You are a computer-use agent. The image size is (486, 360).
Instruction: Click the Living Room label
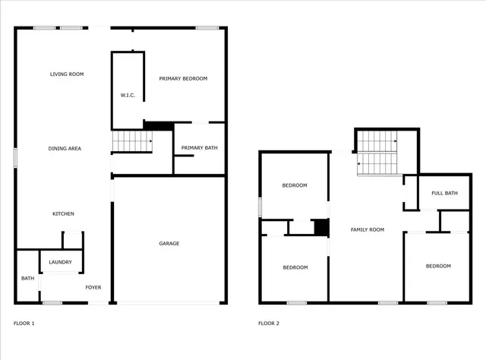pos(67,74)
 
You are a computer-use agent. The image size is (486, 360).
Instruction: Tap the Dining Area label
pos(65,148)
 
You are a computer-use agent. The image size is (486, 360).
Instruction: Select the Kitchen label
pos(63,214)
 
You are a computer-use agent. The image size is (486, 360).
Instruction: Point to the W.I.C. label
pos(128,95)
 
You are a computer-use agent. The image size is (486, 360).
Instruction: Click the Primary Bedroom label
pos(182,79)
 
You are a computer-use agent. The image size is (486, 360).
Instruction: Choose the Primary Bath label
pos(200,148)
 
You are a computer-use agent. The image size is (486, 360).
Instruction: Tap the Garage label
pos(169,243)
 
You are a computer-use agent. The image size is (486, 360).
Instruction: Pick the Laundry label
pos(60,263)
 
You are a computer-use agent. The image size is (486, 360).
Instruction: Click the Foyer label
pos(93,287)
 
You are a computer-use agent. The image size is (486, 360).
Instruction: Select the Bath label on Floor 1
pos(27,279)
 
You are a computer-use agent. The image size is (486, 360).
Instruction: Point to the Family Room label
pos(367,229)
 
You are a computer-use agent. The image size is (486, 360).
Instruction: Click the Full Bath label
pos(444,193)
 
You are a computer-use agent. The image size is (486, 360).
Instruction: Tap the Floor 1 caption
pos(24,324)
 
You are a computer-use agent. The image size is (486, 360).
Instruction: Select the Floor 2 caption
pos(269,324)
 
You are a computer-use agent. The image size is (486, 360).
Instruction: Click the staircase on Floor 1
pos(131,141)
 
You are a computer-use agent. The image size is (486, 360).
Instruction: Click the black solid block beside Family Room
pos(321,227)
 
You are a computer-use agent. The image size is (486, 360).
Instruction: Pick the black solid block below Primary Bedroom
pos(158,126)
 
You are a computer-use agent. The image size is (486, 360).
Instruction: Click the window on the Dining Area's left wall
pos(15,156)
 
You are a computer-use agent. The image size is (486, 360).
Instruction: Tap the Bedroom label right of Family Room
pos(438,266)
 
